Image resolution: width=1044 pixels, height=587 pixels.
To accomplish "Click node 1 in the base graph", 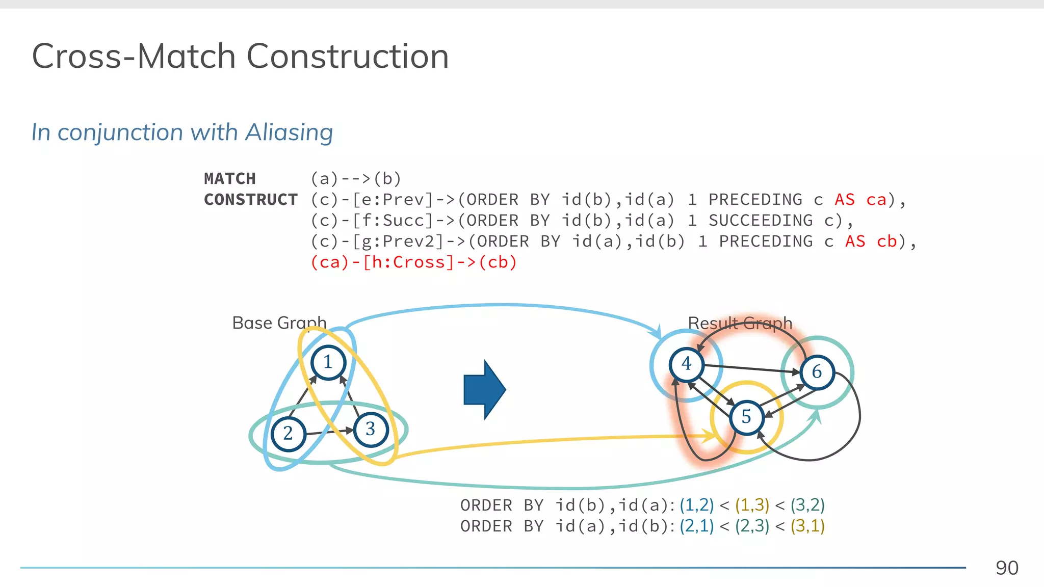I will coord(328,362).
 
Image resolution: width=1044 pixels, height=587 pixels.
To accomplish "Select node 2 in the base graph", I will coord(288,434).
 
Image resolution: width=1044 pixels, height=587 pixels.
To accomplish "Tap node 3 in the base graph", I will coord(371,429).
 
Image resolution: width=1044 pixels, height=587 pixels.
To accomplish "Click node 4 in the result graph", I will coord(687,364).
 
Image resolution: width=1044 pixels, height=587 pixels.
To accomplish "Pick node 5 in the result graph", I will coord(746,417).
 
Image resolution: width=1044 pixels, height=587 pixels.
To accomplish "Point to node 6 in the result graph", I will coord(817,372).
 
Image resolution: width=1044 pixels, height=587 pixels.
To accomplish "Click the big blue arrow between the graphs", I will coord(484,390).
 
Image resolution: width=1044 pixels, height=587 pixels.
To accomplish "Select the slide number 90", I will coord(1007,568).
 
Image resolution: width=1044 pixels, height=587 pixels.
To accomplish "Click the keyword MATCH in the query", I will coord(230,179).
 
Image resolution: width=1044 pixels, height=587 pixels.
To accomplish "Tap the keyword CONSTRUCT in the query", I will coord(251,200).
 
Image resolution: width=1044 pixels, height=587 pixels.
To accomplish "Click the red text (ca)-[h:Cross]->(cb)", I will coord(413,262).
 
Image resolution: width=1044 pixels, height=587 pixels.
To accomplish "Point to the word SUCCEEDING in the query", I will coord(761,221).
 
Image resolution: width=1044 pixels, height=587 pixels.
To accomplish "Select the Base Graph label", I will coord(279,323).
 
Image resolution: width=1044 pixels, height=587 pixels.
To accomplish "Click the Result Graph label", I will coord(740,323).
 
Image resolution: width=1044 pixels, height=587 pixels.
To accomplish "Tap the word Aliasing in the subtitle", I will coord(289,132).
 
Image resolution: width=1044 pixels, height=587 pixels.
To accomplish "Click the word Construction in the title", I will coord(347,56).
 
